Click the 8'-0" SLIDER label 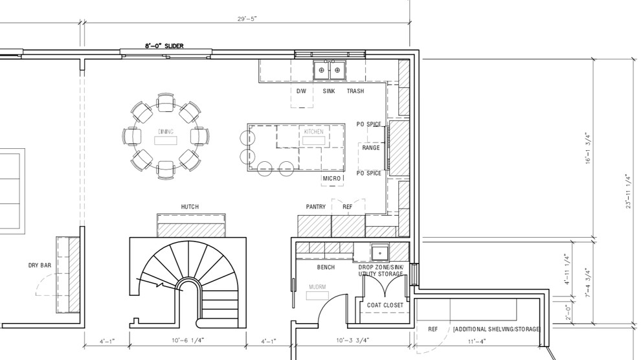click(x=165, y=46)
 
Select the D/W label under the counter click(x=301, y=91)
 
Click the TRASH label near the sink click(x=355, y=91)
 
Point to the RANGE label click(x=371, y=148)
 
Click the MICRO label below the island click(x=332, y=178)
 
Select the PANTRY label click(x=315, y=207)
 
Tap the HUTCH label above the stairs click(x=190, y=207)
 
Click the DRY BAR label click(x=40, y=265)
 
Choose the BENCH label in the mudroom click(x=326, y=267)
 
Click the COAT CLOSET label click(x=385, y=305)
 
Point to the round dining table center click(x=164, y=137)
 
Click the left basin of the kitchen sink click(x=321, y=69)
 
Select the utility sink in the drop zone click(x=380, y=251)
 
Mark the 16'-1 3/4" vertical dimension click(x=587, y=148)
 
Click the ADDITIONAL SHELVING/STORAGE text click(x=496, y=330)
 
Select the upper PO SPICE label click(x=368, y=124)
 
